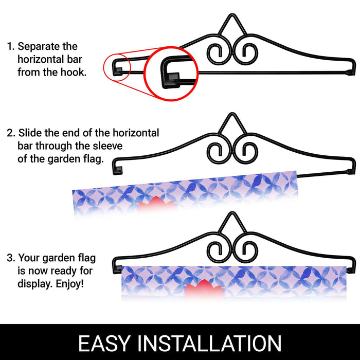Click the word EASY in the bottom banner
(x=104, y=343)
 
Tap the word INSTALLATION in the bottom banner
(x=209, y=343)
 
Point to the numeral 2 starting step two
(x=10, y=133)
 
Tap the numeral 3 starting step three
(x=10, y=258)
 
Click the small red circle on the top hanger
(x=103, y=66)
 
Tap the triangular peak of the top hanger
(x=232, y=15)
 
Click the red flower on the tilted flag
(x=156, y=203)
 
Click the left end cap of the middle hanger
(x=118, y=171)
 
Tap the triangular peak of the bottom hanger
(x=232, y=213)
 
